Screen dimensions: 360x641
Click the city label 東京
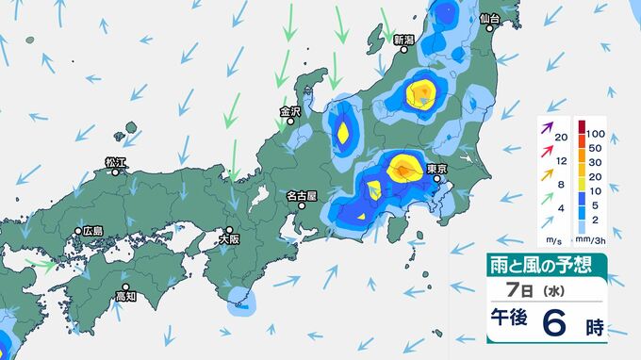coord(436,170)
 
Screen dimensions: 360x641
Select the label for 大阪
coord(228,239)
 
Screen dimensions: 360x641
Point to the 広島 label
coord(92,231)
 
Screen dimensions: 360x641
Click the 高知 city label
coord(125,296)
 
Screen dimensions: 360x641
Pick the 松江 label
coord(115,162)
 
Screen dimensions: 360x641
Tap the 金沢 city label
coord(289,111)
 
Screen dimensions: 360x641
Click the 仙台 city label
coord(488,19)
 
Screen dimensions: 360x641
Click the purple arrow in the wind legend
coord(547,126)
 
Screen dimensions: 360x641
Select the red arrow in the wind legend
coord(547,149)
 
